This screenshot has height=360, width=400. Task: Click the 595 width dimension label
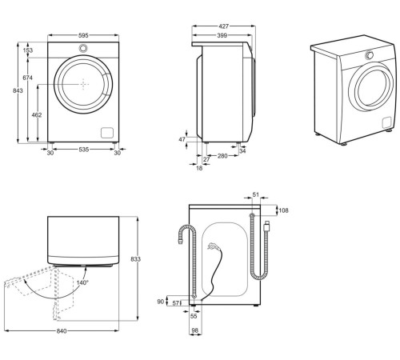(x=83, y=35)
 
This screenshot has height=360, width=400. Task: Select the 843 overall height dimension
(x=18, y=90)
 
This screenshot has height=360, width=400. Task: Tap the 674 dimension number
(x=27, y=78)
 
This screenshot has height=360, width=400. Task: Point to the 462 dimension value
(x=37, y=115)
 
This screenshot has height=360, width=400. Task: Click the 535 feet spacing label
(x=83, y=150)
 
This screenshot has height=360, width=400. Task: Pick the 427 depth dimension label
(x=224, y=26)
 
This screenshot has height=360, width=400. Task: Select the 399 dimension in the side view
(x=222, y=35)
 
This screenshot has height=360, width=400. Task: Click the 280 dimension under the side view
(x=222, y=156)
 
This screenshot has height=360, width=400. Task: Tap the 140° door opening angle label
(x=82, y=282)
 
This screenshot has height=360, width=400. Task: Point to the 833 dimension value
(x=136, y=259)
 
